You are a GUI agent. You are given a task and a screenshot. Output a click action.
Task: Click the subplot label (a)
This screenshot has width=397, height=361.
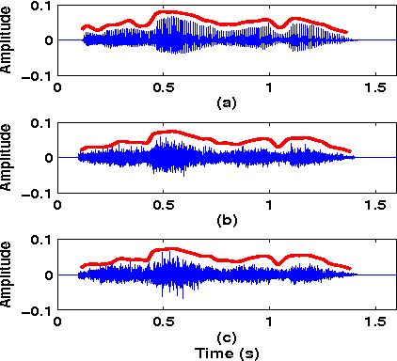pos(225,101)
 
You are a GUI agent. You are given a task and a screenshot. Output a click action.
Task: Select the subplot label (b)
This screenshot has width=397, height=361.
pos(225,218)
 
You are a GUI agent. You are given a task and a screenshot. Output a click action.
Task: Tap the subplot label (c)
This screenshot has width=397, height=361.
pos(225,336)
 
